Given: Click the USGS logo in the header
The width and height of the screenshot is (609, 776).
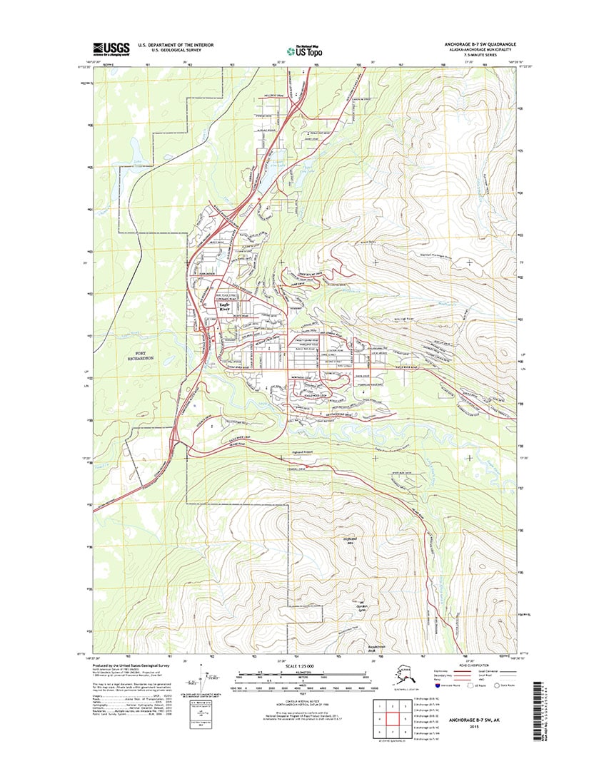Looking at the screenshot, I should click(x=111, y=48).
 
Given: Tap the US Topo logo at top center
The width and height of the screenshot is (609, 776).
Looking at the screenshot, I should click(x=303, y=50).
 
